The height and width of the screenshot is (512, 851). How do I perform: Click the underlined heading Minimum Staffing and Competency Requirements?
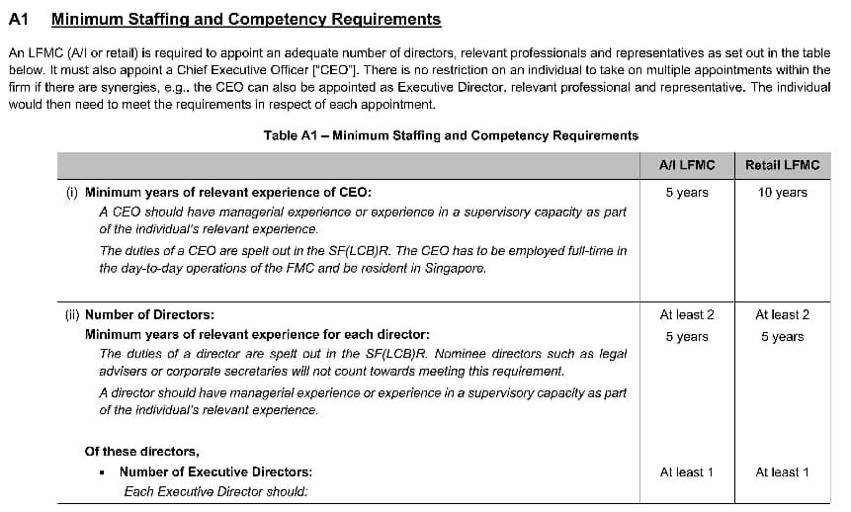[245, 19]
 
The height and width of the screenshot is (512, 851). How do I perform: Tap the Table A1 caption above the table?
[451, 135]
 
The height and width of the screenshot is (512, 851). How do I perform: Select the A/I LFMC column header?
[686, 165]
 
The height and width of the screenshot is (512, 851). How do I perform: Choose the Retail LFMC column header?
[782, 165]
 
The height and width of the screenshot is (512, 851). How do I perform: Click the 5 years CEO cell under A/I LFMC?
[686, 193]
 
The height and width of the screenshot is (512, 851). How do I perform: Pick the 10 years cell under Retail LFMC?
[782, 193]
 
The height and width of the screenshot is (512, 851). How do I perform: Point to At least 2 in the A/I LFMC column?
[686, 315]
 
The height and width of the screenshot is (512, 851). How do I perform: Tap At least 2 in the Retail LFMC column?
[782, 315]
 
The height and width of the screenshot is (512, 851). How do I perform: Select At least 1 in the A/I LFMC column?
[686, 472]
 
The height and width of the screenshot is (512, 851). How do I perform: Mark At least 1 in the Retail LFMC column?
[782, 472]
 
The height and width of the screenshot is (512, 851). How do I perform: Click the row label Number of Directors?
[149, 315]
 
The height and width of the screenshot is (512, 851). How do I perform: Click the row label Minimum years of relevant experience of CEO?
[228, 193]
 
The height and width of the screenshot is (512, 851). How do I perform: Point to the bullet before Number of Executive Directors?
[103, 472]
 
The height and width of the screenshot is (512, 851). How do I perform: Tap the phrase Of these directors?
[142, 452]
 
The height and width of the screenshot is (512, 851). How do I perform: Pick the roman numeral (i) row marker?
[72, 193]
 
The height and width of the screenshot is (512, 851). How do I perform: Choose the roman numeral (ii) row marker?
[73, 315]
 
